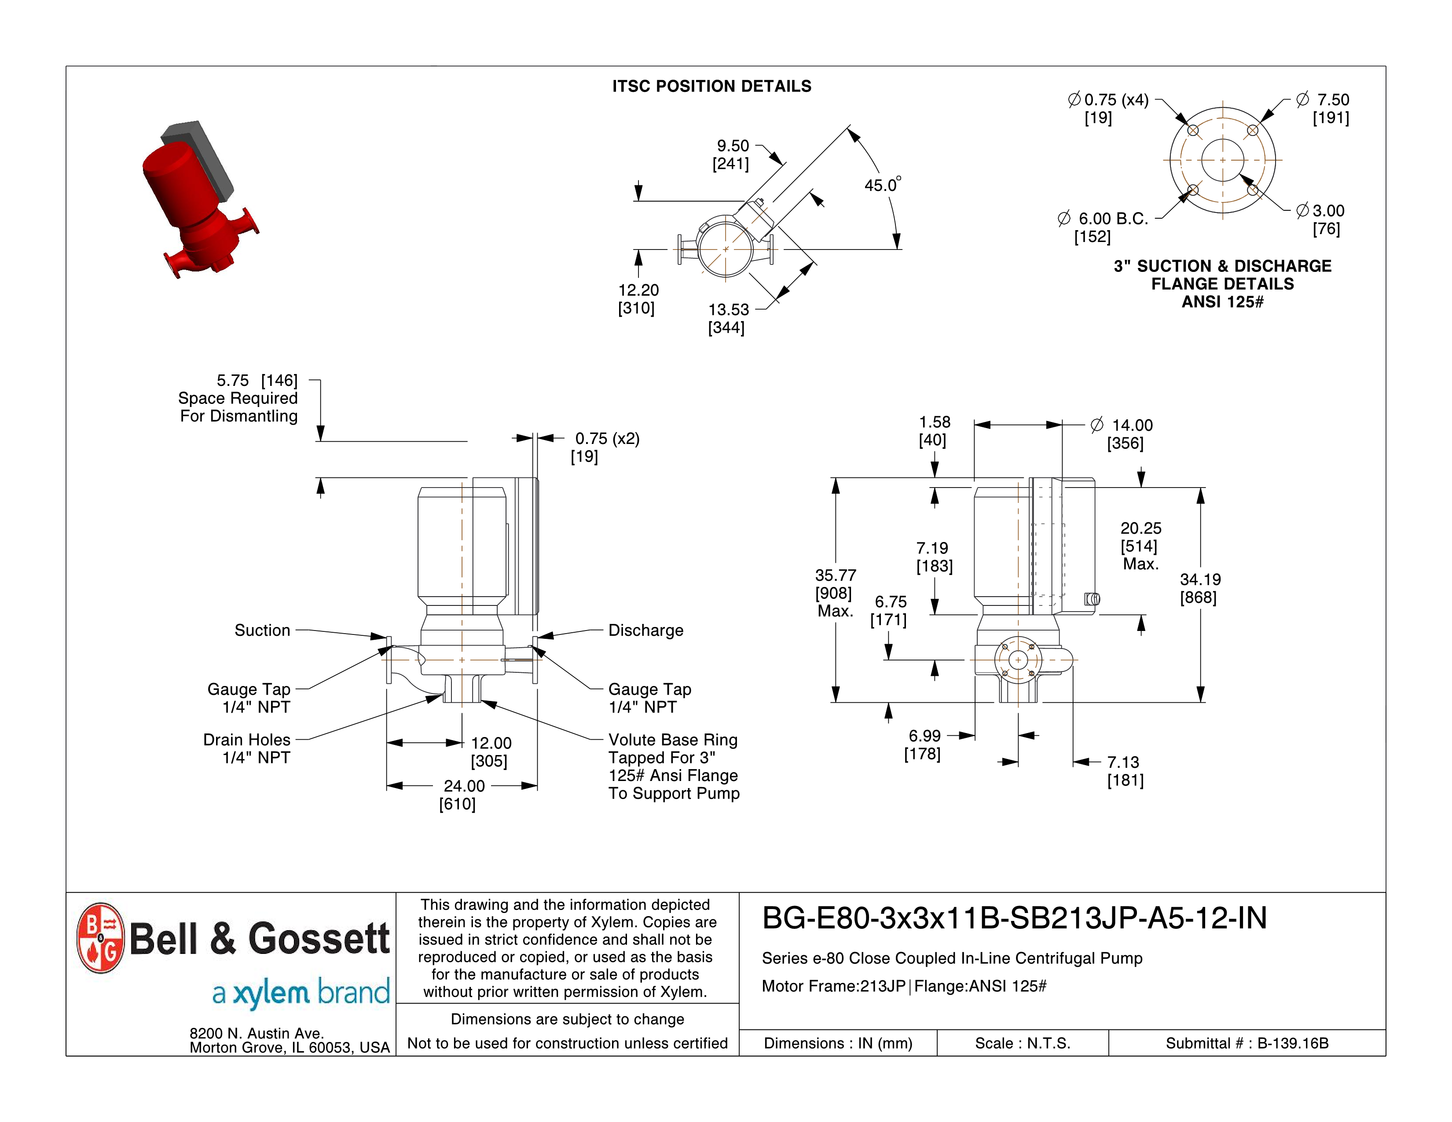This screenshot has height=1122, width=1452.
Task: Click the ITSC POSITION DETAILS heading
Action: coord(711,86)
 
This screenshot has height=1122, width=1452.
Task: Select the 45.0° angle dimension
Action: coord(882,185)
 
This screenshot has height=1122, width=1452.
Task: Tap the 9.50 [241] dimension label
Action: coord(731,154)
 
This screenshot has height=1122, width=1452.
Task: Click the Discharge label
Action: coord(645,630)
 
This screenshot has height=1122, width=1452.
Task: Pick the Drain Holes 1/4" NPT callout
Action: coord(247,748)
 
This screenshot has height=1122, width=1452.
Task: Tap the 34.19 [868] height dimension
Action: coord(1199,588)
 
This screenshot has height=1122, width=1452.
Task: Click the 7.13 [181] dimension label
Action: coord(1124,771)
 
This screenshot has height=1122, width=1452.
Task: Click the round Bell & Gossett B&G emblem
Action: coord(100,938)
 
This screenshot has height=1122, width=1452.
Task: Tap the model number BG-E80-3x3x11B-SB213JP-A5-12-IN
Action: coord(1014,918)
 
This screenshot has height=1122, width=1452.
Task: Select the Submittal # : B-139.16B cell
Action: coord(1247,1043)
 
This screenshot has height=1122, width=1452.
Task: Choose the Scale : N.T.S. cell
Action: coord(1023,1043)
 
